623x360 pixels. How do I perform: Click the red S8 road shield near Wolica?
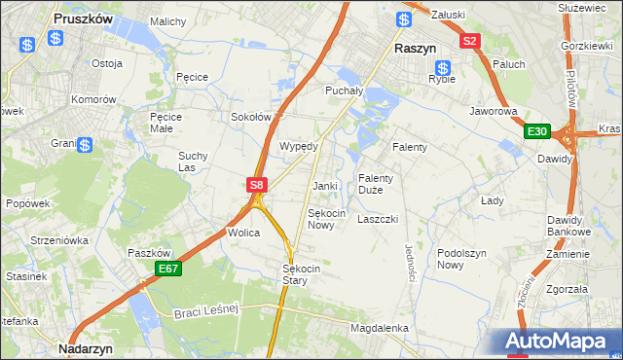[x=255, y=184]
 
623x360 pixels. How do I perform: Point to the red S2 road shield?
[x=470, y=41]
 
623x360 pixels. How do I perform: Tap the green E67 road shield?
[x=167, y=269]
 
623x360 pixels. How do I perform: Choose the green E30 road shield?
[x=535, y=131]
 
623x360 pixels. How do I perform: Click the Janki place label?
[x=324, y=186]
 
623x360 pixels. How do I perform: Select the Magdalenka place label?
[x=379, y=329]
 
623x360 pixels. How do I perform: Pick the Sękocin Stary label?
[x=295, y=274]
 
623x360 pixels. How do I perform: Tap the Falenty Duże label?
[x=376, y=184]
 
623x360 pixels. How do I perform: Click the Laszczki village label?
[x=378, y=219]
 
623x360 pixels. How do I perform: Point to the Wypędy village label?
[x=299, y=146]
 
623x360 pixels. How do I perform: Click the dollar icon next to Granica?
[x=86, y=146]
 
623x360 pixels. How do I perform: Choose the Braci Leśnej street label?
[x=206, y=311]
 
